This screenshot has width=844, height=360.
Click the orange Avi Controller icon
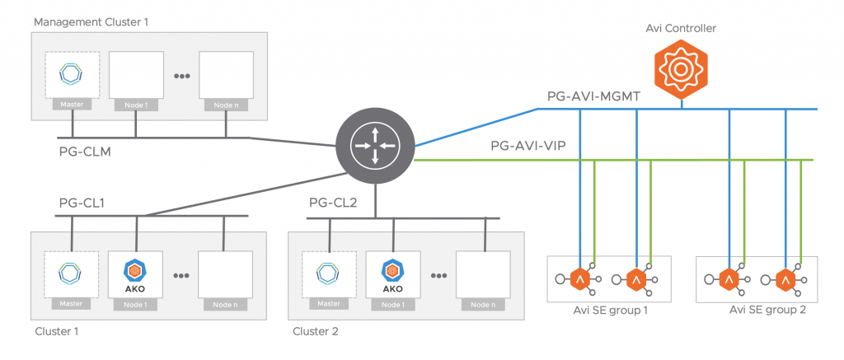(681, 69)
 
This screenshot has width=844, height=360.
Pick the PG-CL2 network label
(334, 203)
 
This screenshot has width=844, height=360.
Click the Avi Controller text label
(681, 28)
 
